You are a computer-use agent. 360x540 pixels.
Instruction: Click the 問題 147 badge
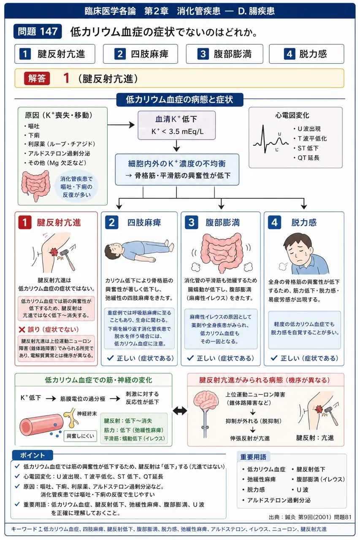[38, 31]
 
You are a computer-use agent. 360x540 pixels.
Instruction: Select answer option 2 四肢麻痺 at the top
[141, 54]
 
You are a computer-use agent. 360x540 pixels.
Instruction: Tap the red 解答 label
[37, 78]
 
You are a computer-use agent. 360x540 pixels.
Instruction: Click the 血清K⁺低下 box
[176, 125]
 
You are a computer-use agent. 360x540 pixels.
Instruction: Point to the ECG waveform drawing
[271, 140]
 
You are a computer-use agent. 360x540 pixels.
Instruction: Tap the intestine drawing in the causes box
[35, 185]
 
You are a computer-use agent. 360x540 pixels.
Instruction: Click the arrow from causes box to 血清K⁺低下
[121, 125]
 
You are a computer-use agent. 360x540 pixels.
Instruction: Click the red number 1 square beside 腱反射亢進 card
[25, 222]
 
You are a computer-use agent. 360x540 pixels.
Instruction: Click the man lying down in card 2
[139, 251]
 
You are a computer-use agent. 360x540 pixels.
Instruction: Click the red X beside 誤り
[22, 329]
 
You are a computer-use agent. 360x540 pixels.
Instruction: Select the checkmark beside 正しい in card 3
[190, 358]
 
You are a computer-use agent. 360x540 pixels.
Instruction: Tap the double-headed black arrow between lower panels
[180, 411]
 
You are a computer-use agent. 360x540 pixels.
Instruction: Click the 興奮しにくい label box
[80, 436]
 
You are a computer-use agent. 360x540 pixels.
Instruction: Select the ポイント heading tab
[32, 455]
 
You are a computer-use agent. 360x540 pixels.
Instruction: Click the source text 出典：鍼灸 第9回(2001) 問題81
[310, 517]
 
